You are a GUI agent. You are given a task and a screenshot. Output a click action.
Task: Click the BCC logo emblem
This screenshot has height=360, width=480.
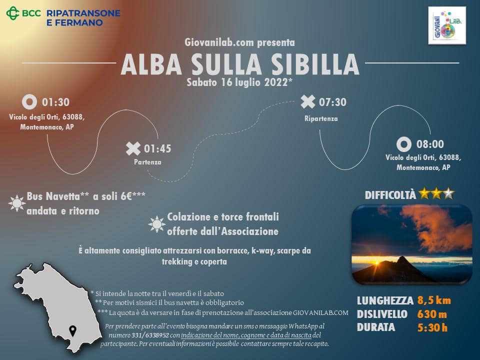[12, 13]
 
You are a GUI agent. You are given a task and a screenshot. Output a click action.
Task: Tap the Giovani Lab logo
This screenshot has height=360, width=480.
[447, 25]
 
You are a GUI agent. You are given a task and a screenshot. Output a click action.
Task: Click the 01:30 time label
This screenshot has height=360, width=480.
[55, 102]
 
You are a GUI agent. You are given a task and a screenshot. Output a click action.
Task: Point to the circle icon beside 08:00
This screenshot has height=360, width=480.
[404, 144]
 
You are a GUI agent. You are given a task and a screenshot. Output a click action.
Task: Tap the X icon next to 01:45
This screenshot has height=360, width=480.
[133, 148]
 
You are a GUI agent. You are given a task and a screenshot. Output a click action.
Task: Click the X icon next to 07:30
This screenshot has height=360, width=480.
[307, 102]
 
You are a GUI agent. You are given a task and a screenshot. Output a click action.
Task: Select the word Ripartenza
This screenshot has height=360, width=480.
[321, 119]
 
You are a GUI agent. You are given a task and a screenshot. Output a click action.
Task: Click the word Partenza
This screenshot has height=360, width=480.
[147, 162]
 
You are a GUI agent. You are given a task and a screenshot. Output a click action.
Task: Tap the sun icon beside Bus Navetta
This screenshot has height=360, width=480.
[17, 203]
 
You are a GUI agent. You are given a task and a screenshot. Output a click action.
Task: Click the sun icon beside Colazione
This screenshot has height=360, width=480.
[156, 224]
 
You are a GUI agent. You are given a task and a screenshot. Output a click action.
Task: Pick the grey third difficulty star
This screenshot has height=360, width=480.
[448, 193]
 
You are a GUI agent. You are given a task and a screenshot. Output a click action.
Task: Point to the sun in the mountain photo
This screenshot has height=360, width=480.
[377, 262]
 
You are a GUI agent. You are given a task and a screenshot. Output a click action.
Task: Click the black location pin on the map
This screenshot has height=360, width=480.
[72, 331]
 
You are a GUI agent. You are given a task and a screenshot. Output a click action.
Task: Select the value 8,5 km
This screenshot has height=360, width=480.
[434, 300]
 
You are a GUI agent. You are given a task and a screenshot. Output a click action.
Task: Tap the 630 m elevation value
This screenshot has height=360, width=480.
[432, 314]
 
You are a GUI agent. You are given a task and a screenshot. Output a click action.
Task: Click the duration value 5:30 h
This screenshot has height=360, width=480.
[432, 328]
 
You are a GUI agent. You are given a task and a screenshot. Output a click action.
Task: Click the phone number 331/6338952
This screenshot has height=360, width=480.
[150, 335]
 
